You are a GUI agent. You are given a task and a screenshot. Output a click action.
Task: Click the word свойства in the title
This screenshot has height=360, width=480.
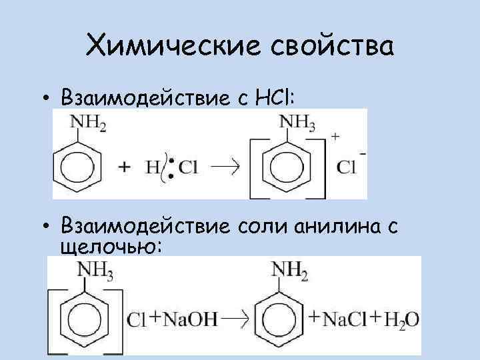[333, 47]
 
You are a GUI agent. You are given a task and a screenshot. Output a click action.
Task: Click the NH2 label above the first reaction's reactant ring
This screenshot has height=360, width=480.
[87, 123]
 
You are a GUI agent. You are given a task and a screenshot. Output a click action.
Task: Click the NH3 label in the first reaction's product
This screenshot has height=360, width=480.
[297, 122]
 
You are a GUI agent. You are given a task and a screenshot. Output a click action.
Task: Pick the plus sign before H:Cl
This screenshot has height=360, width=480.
[124, 168]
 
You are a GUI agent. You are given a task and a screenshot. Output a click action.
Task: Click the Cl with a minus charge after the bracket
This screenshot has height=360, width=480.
[349, 166]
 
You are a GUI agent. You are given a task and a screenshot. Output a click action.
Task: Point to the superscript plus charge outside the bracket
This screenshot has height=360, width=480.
[335, 136]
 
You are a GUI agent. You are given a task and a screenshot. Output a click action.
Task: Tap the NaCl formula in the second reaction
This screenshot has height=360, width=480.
[345, 319]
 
